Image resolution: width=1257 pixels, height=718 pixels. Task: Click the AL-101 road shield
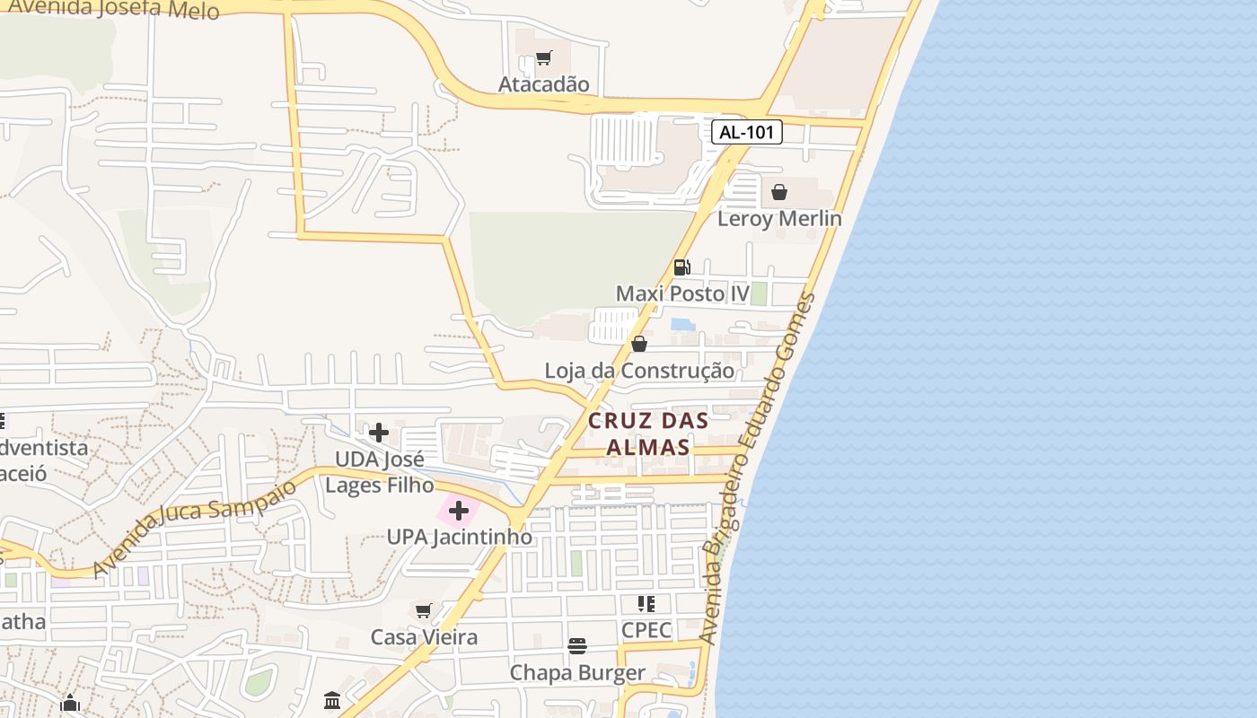click(747, 132)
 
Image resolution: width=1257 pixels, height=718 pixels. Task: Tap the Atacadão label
click(544, 84)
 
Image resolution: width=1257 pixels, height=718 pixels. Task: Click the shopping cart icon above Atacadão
click(543, 59)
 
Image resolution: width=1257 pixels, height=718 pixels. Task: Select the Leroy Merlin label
click(779, 218)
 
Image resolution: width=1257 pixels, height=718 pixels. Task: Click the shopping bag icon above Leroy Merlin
click(779, 192)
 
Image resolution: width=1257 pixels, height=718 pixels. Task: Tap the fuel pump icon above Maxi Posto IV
click(681, 267)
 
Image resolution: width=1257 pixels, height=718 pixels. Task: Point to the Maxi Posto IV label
click(682, 293)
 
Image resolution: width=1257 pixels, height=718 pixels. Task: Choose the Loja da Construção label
click(639, 371)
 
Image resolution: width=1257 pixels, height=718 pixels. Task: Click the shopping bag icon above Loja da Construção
click(639, 344)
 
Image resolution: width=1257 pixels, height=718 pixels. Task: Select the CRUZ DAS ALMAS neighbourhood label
click(648, 433)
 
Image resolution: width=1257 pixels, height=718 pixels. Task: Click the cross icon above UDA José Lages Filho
click(379, 433)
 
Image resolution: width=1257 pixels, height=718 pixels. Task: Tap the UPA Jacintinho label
click(459, 537)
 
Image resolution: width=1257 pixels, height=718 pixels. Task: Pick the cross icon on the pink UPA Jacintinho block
click(459, 512)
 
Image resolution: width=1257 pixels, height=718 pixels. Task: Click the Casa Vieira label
click(424, 637)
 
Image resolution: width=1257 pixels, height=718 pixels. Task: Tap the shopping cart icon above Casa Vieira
click(424, 611)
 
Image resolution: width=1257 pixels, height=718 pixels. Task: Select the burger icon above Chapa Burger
click(577, 646)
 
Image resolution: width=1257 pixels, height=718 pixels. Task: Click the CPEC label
click(646, 630)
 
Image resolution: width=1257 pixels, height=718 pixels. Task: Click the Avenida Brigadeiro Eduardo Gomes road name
click(760, 467)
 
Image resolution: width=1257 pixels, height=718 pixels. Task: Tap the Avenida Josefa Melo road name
click(112, 9)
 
